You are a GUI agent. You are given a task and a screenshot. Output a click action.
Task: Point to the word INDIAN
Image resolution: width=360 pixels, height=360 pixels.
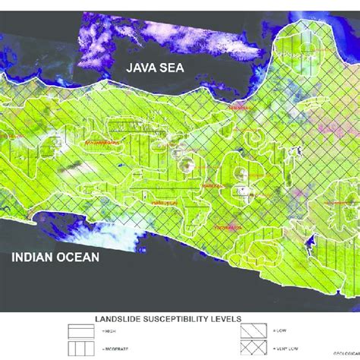33,258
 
